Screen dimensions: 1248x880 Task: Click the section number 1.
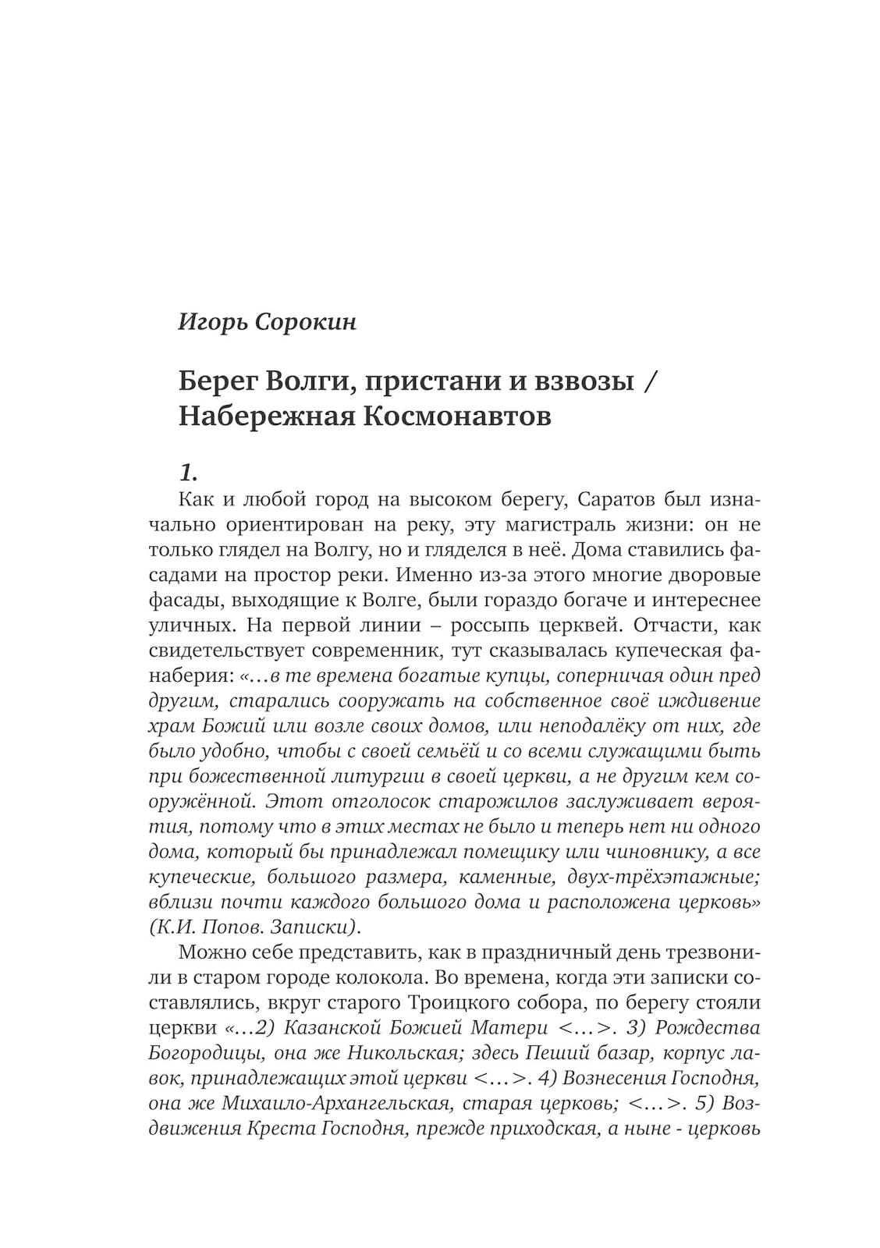click(190, 472)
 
